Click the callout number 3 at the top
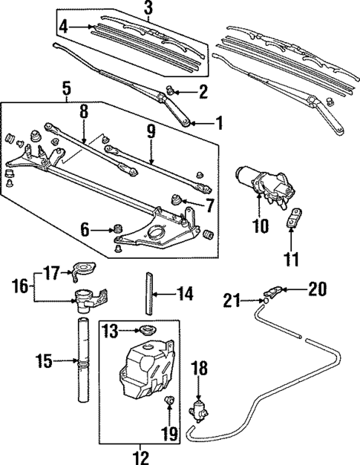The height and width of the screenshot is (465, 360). tap(148, 8)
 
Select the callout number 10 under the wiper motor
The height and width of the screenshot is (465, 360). tap(260, 227)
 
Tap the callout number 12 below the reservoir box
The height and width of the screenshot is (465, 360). tap(141, 455)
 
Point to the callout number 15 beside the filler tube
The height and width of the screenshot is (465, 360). tap(45, 362)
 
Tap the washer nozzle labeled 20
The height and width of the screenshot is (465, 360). tap(272, 290)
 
